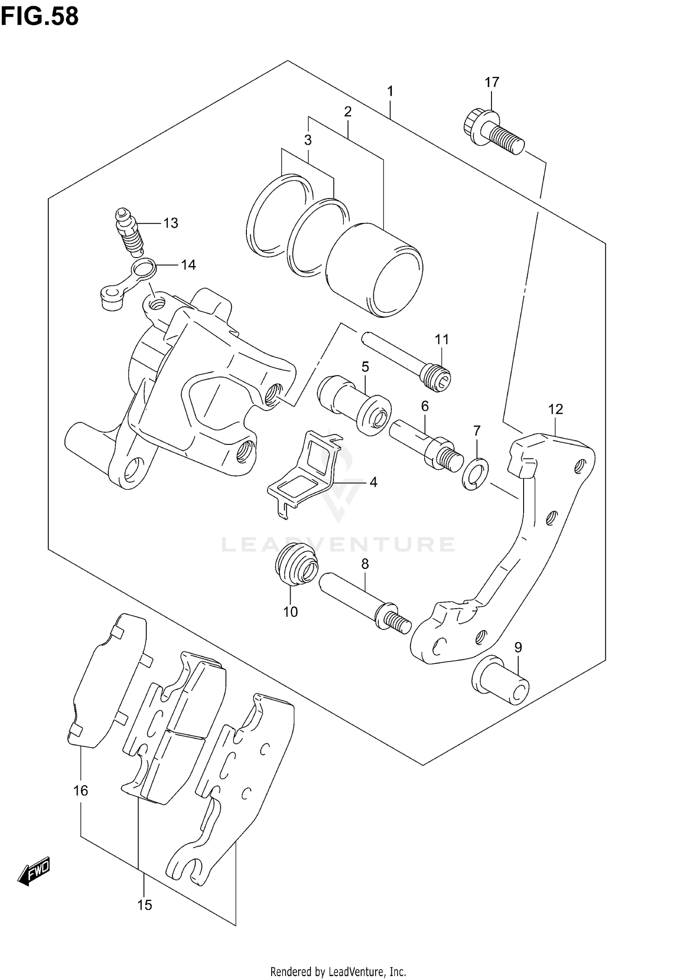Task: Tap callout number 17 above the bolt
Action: tap(492, 82)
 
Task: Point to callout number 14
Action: tap(188, 265)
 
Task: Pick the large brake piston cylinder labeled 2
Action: tap(375, 270)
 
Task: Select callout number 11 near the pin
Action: tap(442, 339)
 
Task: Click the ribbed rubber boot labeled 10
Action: tap(294, 566)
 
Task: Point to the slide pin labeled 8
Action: tap(365, 602)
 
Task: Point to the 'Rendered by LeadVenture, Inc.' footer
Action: tap(338, 968)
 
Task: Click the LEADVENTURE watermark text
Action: tap(338, 544)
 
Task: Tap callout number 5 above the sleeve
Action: tap(365, 366)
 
